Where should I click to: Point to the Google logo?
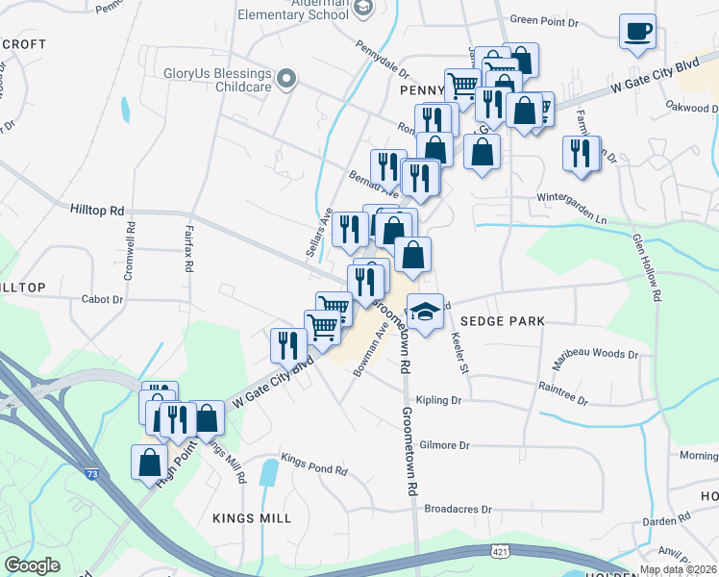[x=32, y=565]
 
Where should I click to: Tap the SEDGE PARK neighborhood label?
[x=502, y=320]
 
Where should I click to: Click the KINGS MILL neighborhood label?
[x=252, y=517]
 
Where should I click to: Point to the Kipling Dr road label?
[x=439, y=400]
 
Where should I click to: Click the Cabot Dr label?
[x=102, y=300]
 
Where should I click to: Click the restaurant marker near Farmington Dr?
[x=580, y=156]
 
